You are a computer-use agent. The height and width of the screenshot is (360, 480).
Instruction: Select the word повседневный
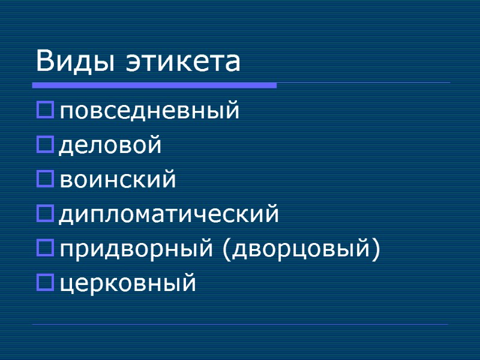pos(149,112)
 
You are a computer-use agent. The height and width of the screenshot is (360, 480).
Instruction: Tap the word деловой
pos(111,146)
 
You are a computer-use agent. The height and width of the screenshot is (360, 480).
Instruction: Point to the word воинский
pos(118,180)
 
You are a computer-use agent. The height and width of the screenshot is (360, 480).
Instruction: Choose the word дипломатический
pos(169,214)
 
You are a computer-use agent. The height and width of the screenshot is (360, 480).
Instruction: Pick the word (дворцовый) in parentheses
pos(301,248)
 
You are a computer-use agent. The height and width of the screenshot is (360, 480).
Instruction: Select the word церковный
pos(128,283)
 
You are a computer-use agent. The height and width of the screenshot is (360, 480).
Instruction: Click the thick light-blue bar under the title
pos(155,86)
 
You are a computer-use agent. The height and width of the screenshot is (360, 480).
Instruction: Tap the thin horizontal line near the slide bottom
pos(240,325)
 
